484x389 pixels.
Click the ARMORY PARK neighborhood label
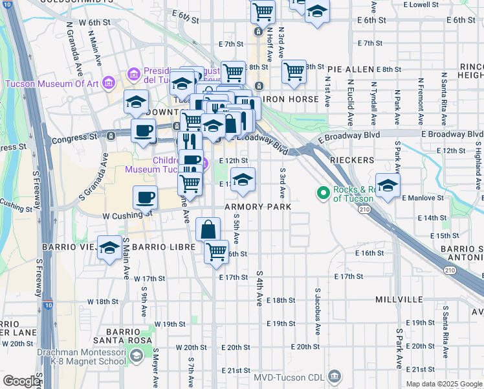pyautogui.click(x=258, y=206)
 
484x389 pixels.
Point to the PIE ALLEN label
pyautogui.click(x=351, y=69)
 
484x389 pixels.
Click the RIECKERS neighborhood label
pyautogui.click(x=351, y=159)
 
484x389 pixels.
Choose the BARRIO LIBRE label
pyautogui.click(x=159, y=248)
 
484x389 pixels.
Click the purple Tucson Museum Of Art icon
pyautogui.click(x=108, y=83)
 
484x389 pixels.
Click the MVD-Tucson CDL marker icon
pyautogui.click(x=335, y=376)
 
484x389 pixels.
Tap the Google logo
pyautogui.click(x=21, y=381)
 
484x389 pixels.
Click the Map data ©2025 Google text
pyautogui.click(x=443, y=384)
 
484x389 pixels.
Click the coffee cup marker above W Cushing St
pyautogui.click(x=146, y=196)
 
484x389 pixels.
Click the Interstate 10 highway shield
pyautogui.click(x=49, y=302)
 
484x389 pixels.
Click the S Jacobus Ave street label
pyautogui.click(x=318, y=312)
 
